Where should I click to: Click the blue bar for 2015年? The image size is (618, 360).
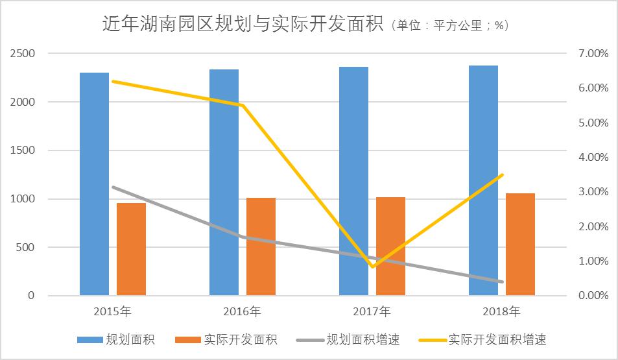pos(94,184)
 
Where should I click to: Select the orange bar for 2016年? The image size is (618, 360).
pos(261,246)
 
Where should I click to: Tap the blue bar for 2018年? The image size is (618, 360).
pos(483,180)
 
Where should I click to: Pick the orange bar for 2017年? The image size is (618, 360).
pos(390,246)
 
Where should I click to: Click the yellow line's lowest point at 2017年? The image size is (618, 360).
pos(372,267)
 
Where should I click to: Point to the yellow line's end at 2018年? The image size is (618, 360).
pos(502,174)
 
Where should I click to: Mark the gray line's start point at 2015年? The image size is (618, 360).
pos(113,187)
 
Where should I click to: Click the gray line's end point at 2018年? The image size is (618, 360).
pos(502,282)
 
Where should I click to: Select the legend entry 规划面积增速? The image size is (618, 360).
pos(348,339)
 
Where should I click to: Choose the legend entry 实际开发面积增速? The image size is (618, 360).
pos(482,339)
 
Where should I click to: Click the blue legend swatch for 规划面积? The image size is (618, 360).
pos(90,340)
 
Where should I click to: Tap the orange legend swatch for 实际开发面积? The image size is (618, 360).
pos(188,340)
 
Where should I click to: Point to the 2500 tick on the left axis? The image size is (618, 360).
pos(23,53)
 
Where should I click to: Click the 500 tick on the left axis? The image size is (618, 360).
pos(26,247)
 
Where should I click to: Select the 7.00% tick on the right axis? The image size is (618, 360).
pos(593,53)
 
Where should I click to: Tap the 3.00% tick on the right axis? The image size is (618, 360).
pos(593,191)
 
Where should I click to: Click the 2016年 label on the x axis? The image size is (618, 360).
pos(242,311)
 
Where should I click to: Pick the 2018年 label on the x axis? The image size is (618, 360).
pos(501,311)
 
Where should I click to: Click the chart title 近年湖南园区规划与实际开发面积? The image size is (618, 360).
pos(243,24)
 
